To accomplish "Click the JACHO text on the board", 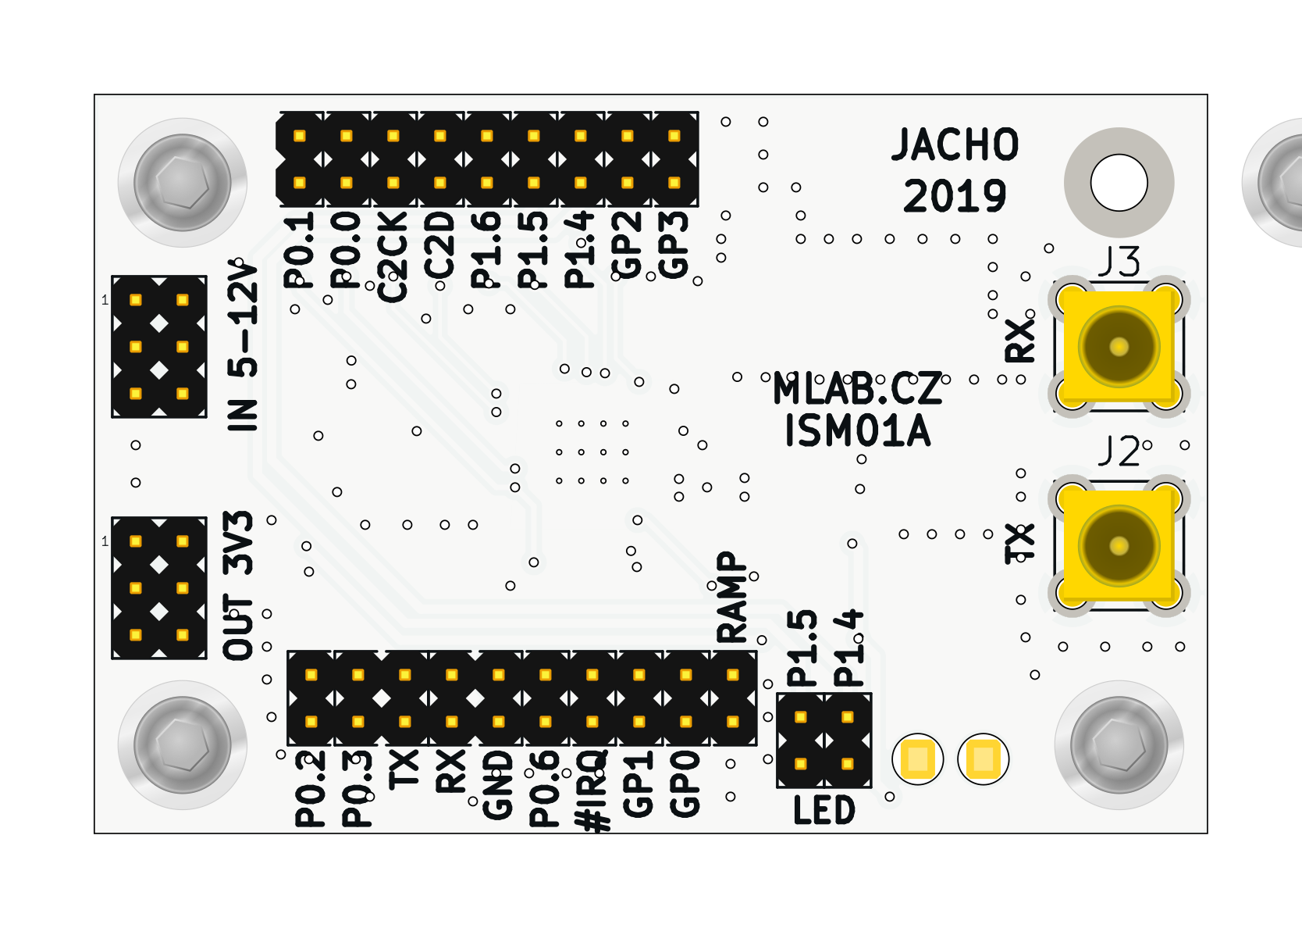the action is pyautogui.click(x=955, y=145).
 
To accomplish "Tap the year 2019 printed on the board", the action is pyautogui.click(x=955, y=195).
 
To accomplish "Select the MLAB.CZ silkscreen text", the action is pyautogui.click(x=857, y=388).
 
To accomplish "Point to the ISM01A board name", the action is pyautogui.click(x=857, y=430).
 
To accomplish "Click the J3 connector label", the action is pyautogui.click(x=1119, y=262).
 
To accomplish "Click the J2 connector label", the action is pyautogui.click(x=1119, y=452).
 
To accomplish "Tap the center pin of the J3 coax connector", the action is pyautogui.click(x=1119, y=347).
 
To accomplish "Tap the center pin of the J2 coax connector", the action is pyautogui.click(x=1119, y=545).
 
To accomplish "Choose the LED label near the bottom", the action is pyautogui.click(x=824, y=810).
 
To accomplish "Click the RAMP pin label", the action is pyautogui.click(x=732, y=597).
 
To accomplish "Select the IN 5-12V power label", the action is pyautogui.click(x=243, y=346).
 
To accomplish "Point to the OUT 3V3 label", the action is pyautogui.click(x=239, y=586).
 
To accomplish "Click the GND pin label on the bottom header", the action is pyautogui.click(x=498, y=785).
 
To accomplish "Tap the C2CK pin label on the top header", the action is pyautogui.click(x=393, y=256).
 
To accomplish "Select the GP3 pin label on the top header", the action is pyautogui.click(x=674, y=244).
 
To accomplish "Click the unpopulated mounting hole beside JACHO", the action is pyautogui.click(x=1119, y=183).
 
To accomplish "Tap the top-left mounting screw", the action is pyautogui.click(x=183, y=183).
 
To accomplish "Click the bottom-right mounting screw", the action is pyautogui.click(x=1119, y=744).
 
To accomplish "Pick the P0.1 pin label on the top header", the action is pyautogui.click(x=299, y=250).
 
